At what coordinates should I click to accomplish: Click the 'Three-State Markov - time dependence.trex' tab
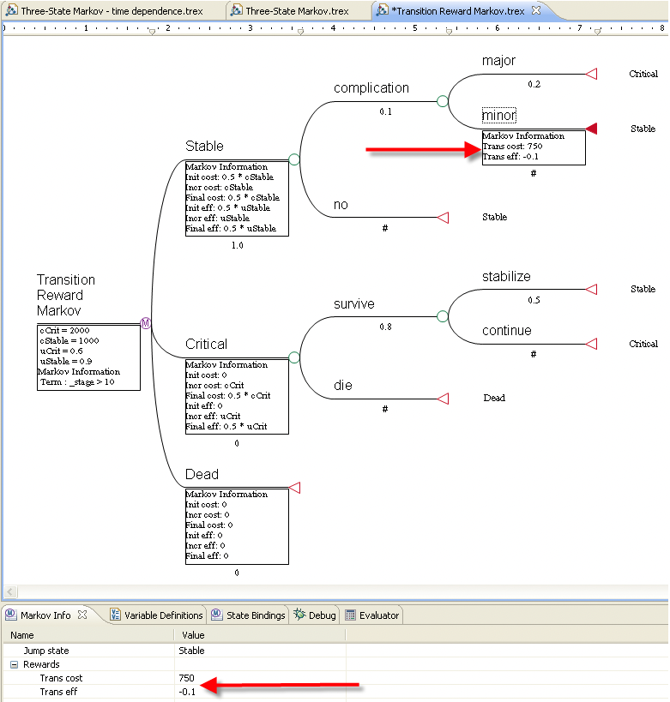pyautogui.click(x=116, y=11)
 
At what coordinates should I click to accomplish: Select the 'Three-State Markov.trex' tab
pyautogui.click(x=296, y=11)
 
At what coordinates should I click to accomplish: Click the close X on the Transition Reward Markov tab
pyautogui.click(x=536, y=10)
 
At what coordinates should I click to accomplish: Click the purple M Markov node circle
pyautogui.click(x=146, y=323)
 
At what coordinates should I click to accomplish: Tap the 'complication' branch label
pyautogui.click(x=371, y=88)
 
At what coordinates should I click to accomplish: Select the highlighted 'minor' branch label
pyautogui.click(x=498, y=116)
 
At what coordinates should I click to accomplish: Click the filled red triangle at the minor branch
pyautogui.click(x=591, y=129)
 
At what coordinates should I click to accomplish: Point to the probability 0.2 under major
pyautogui.click(x=534, y=84)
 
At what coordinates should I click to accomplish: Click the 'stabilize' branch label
pyautogui.click(x=506, y=277)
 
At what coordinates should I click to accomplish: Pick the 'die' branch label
pyautogui.click(x=343, y=386)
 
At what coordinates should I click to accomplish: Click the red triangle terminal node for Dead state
pyautogui.click(x=294, y=488)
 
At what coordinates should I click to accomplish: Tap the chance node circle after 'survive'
pyautogui.click(x=443, y=316)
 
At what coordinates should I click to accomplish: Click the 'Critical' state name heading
pyautogui.click(x=206, y=345)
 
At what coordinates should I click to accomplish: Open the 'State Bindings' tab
pyautogui.click(x=255, y=615)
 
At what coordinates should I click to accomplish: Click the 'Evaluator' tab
pyautogui.click(x=378, y=615)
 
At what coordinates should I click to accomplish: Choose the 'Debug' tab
pyautogui.click(x=322, y=615)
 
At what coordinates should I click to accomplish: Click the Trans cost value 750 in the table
pyautogui.click(x=188, y=678)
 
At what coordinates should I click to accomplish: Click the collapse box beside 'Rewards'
pyautogui.click(x=14, y=664)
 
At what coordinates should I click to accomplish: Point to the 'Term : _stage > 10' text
pyautogui.click(x=77, y=382)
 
